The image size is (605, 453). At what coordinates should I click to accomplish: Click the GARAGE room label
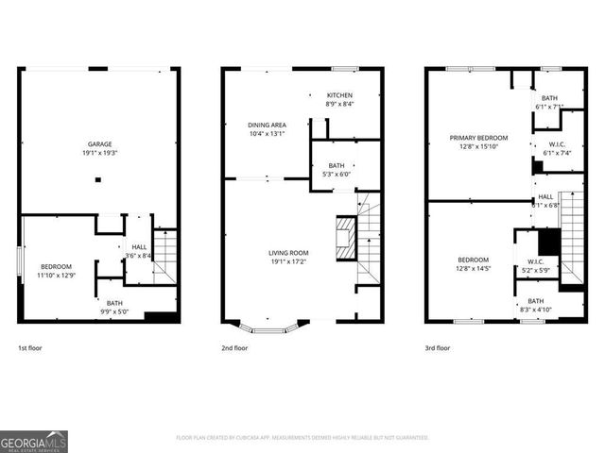click(x=100, y=144)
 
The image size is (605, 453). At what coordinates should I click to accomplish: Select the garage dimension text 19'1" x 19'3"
click(x=100, y=153)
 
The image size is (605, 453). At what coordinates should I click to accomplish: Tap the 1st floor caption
click(x=29, y=348)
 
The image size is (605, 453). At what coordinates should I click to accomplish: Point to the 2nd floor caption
click(x=234, y=348)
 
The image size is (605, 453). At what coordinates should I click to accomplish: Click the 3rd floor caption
click(x=438, y=348)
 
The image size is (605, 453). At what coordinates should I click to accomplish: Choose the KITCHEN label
click(x=340, y=95)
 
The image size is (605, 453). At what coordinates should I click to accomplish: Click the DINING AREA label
click(x=267, y=125)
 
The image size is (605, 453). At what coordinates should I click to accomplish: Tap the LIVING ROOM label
click(x=288, y=253)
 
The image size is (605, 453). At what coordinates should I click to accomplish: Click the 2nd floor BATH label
click(x=337, y=165)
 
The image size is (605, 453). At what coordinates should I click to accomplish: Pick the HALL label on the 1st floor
click(x=138, y=247)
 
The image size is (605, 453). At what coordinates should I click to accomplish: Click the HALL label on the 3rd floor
click(x=545, y=196)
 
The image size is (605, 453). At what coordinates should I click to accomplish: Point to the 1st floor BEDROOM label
click(x=55, y=267)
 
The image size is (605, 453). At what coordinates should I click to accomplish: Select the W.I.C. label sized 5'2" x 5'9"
click(x=534, y=262)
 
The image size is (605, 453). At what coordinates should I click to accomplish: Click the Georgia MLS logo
click(x=34, y=441)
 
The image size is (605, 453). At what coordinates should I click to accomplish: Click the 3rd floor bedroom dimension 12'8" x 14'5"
click(x=474, y=269)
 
